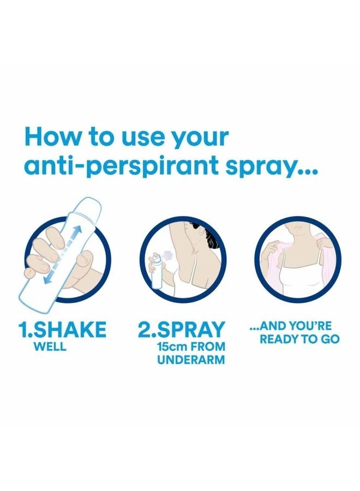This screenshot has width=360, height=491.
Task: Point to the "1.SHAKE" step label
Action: click(62, 329)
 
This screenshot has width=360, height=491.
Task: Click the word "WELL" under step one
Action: click(50, 346)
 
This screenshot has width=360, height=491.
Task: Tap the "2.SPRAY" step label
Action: click(182, 329)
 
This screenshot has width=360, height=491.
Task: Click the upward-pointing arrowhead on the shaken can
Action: click(78, 230)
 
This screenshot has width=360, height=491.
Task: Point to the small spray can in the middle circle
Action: click(157, 270)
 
